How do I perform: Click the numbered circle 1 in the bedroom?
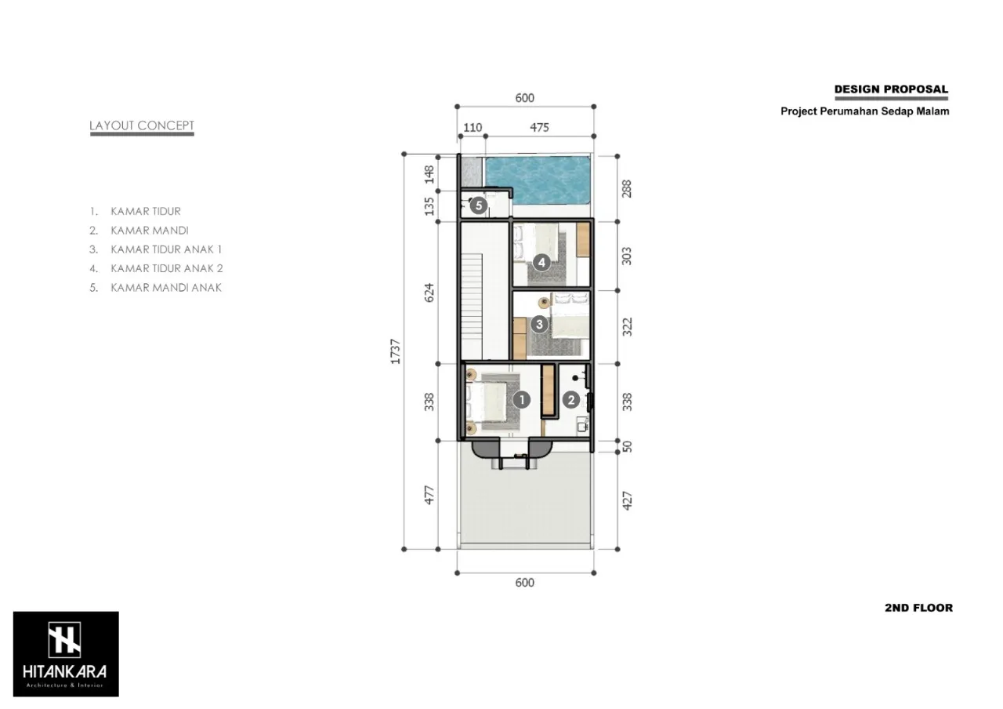coord(522,400)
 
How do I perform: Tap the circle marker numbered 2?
coord(571,400)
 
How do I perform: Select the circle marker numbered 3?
coord(539,324)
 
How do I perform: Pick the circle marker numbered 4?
coord(541,262)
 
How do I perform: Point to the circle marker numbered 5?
coord(479,205)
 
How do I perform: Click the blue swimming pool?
coord(538,180)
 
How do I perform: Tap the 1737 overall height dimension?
coord(396,351)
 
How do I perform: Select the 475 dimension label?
coord(540,128)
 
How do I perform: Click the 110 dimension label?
coord(473,128)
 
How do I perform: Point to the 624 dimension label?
coord(429,293)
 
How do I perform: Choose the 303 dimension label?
coord(627,256)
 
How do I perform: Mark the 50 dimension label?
coord(627,446)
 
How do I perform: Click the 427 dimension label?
coord(627,500)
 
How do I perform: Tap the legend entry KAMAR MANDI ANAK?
coord(166,288)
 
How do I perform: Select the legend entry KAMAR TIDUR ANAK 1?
coord(166,249)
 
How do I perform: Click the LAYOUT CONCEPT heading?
coord(142,125)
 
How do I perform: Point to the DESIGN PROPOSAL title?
coord(891,89)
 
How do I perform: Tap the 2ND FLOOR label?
coord(919,608)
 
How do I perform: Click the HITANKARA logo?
coord(66,654)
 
